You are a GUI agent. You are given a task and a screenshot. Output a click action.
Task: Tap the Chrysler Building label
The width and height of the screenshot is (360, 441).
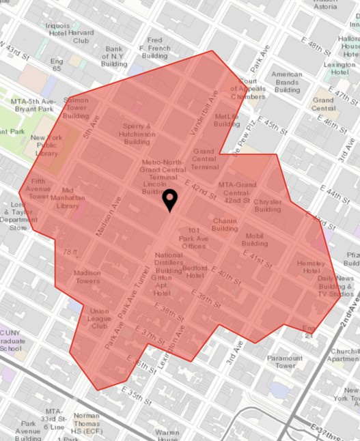click(267, 206)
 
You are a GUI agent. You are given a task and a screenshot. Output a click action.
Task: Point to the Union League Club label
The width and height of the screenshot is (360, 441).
click(100, 318)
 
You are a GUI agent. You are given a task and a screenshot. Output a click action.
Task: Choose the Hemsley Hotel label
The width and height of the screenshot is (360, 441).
click(313, 268)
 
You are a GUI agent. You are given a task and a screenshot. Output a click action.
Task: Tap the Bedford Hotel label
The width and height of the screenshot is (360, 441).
click(194, 272)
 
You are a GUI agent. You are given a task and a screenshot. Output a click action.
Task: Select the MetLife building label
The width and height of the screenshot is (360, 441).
click(227, 120)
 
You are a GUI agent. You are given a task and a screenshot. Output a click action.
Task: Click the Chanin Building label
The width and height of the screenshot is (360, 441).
click(225, 225)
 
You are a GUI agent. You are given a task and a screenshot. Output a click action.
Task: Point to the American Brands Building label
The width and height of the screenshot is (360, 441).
click(286, 82)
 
